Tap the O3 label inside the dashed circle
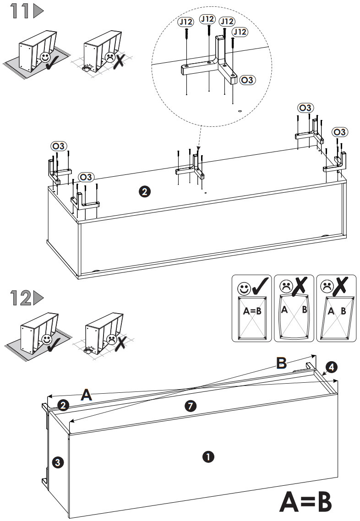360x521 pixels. coord(248,80)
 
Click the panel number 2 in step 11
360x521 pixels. coord(144,192)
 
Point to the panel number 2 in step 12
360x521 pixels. coord(63,405)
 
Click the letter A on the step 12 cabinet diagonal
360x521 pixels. coord(86,395)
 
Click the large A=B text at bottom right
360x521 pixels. coord(305,502)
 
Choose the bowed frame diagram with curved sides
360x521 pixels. coord(293,316)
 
